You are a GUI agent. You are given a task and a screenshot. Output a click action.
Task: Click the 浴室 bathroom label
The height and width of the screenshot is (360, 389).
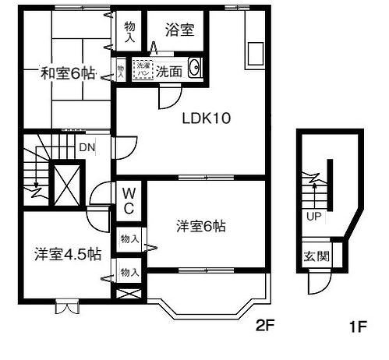(179, 30)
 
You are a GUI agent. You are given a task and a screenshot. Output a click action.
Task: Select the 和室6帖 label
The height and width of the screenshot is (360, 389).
(68, 74)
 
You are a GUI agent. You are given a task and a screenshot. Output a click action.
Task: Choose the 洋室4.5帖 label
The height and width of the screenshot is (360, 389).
(67, 253)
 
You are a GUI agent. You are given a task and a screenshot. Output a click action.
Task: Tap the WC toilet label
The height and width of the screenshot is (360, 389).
(129, 199)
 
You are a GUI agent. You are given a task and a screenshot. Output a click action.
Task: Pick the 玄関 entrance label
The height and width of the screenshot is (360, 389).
(316, 256)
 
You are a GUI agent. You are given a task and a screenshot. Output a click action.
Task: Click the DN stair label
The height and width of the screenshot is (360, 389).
(87, 146)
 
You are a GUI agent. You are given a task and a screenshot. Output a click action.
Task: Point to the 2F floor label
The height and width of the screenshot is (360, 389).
(265, 326)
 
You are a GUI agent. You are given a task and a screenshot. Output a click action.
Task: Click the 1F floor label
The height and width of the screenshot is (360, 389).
(359, 326)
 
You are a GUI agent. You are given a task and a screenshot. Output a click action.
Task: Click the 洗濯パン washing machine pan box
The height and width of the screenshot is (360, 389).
(143, 69)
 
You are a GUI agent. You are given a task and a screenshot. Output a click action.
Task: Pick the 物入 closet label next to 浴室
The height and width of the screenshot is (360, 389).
(129, 31)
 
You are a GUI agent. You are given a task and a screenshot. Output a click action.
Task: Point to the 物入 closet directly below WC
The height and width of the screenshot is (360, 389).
(129, 240)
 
